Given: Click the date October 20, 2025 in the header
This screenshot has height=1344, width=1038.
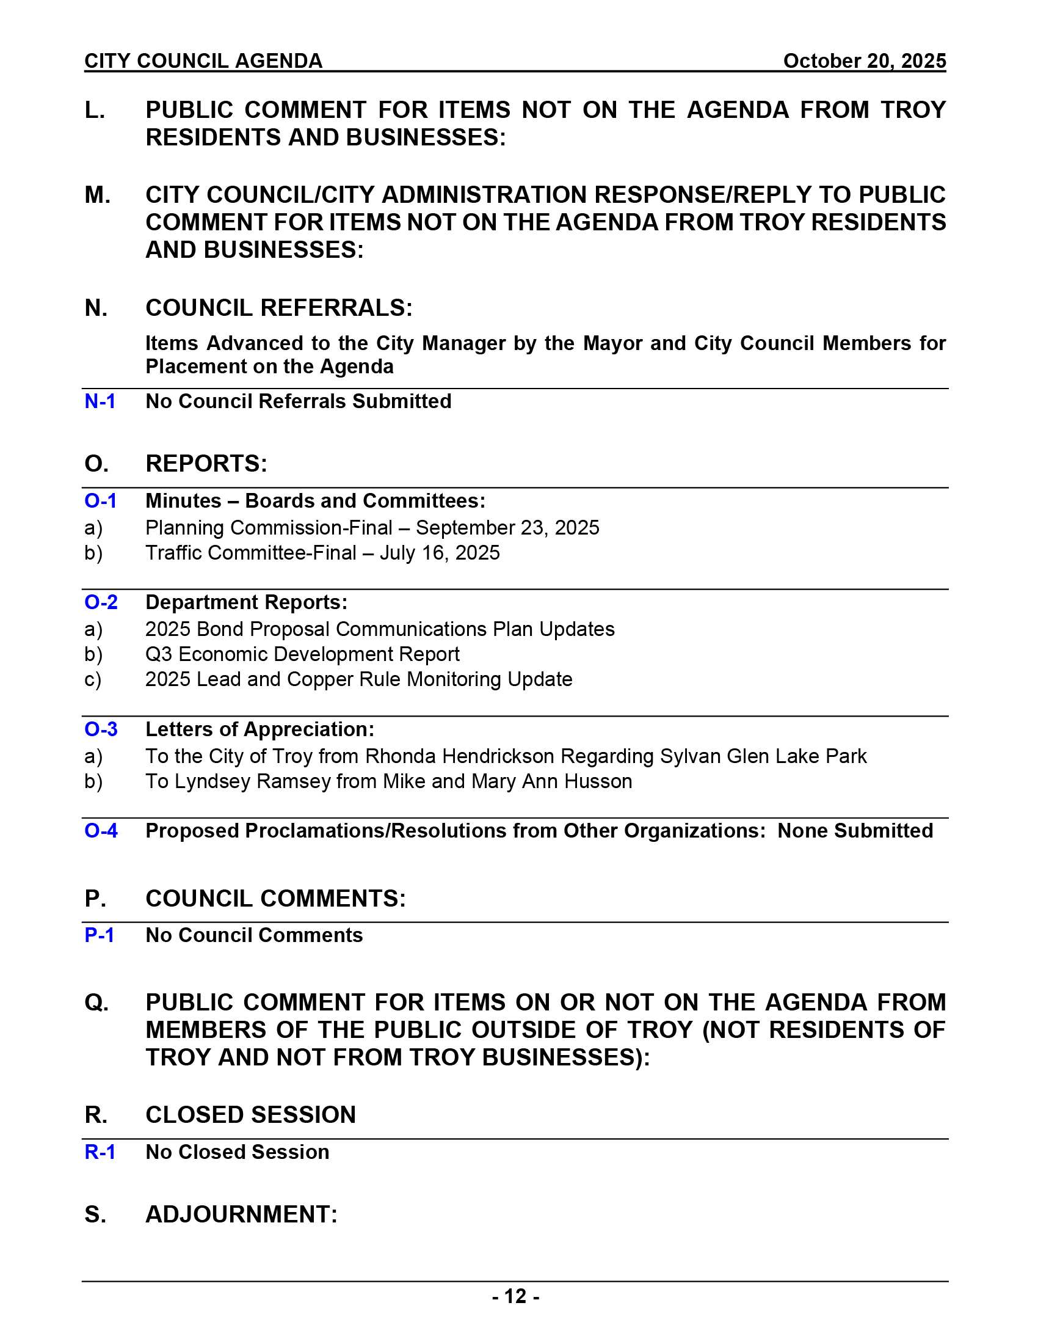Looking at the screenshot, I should pos(864,61).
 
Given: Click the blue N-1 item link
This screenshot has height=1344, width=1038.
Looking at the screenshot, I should pos(100,401).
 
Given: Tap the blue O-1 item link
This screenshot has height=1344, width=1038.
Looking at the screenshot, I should pos(100,501).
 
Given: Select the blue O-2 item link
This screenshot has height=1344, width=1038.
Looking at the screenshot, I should pos(101,602).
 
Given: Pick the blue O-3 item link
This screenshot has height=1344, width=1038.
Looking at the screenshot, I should pos(101,729).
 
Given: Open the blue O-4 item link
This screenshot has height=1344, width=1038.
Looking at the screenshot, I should pos(101,831).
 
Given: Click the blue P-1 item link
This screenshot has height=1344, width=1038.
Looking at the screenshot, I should pos(100,935).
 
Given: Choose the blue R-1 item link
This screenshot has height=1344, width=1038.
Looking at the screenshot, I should pos(100,1152).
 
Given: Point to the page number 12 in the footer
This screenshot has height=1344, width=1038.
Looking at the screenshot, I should pos(515,1296).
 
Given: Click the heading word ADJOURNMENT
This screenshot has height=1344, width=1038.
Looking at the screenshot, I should pos(241,1214).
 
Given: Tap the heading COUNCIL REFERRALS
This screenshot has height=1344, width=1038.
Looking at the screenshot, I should pos(278,308).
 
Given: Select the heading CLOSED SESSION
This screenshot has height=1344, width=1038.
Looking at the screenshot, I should pos(250,1115).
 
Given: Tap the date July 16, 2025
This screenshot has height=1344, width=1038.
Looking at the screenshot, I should pos(440,553).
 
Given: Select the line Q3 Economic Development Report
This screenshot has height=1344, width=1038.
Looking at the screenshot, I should pos(302,654).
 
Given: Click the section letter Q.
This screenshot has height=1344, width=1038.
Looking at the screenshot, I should pos(96,1003).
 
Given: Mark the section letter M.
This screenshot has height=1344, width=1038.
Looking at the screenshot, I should pos(97,195).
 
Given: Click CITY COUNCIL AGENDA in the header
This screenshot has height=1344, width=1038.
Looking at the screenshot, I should pos(203,61).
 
